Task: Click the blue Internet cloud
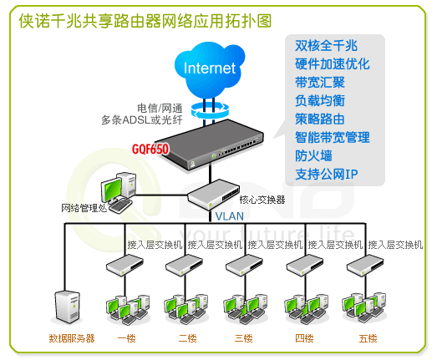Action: (210, 69)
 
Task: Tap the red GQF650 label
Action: (150, 149)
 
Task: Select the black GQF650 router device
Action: (209, 144)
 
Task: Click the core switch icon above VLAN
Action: (213, 195)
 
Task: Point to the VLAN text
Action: (230, 216)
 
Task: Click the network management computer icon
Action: (119, 192)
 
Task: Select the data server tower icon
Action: (67, 307)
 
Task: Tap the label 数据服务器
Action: (72, 338)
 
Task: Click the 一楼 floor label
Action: (127, 338)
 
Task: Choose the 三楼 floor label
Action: (244, 338)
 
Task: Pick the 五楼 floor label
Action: (368, 338)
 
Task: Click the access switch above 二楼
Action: (184, 265)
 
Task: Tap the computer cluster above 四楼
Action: (306, 309)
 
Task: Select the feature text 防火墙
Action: (313, 155)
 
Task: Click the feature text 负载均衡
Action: (320, 100)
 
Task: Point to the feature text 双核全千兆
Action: (326, 45)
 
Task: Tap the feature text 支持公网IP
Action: (327, 174)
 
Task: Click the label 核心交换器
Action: (262, 200)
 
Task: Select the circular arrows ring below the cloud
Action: (210, 109)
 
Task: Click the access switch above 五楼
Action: (365, 265)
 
